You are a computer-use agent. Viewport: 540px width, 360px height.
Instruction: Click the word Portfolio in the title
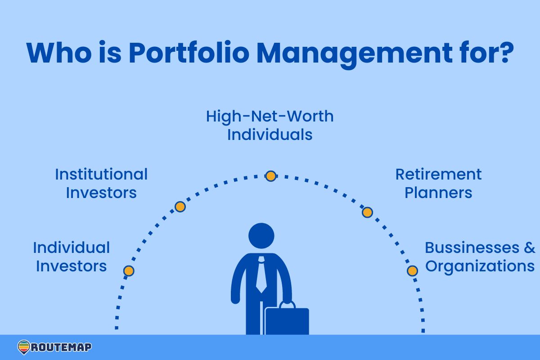(188, 53)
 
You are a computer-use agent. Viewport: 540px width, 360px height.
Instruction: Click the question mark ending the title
(504, 53)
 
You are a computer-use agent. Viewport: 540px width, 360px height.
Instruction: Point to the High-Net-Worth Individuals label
(270, 125)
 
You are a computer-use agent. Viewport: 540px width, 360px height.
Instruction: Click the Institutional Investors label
(101, 183)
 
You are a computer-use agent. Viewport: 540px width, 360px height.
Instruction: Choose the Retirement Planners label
(438, 183)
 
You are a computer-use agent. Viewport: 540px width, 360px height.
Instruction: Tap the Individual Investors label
(71, 256)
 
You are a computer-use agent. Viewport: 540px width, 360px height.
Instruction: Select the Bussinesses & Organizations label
(480, 256)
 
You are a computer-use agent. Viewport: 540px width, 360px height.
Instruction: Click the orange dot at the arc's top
(270, 176)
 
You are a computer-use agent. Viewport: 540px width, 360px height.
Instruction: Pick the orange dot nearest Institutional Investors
(180, 207)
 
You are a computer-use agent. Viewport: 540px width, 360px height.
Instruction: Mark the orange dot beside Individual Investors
(129, 271)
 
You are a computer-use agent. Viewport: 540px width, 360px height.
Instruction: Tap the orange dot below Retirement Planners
(367, 212)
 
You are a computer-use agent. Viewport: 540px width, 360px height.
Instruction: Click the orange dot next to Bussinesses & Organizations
(412, 271)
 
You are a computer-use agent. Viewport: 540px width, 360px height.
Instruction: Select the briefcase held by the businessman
(287, 321)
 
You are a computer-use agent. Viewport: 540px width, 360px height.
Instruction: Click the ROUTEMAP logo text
(61, 347)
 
